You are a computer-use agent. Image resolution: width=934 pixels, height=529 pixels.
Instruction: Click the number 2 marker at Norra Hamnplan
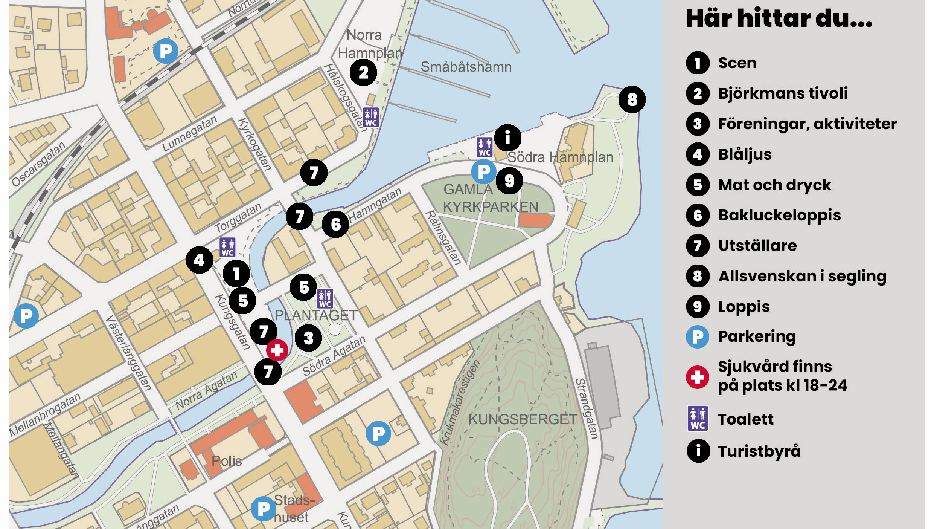[x=363, y=72]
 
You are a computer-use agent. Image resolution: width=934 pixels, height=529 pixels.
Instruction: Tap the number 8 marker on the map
[x=632, y=99]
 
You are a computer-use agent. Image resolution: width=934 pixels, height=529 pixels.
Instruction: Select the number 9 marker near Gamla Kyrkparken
[x=509, y=181]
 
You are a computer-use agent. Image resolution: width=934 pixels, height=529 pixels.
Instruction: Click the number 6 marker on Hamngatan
[x=335, y=224]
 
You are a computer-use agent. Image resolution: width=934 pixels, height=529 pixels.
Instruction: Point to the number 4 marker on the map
[x=199, y=260]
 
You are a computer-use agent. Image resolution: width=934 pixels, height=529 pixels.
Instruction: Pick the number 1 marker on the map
[x=236, y=273]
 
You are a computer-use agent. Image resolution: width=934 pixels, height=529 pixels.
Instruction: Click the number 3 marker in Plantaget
[x=308, y=338]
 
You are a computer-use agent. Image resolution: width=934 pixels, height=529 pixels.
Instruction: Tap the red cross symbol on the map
[x=277, y=350]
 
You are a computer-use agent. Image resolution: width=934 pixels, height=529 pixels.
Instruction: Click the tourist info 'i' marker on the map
[x=507, y=138]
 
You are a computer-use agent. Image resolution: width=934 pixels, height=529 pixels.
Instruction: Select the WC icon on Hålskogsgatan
[x=370, y=117]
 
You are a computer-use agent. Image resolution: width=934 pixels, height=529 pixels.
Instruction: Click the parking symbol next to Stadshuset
[x=263, y=509]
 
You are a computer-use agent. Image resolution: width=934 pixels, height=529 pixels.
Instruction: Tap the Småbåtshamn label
[x=466, y=67]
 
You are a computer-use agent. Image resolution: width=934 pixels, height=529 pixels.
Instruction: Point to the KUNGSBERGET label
[x=522, y=419]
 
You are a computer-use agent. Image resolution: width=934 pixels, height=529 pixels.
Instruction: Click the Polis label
[x=226, y=461]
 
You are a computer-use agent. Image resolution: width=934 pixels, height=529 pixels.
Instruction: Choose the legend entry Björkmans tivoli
[x=783, y=93]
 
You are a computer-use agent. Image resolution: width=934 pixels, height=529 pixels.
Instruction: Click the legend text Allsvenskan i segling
[x=802, y=276]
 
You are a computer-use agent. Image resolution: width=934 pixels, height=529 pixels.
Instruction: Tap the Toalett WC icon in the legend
[x=697, y=418]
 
